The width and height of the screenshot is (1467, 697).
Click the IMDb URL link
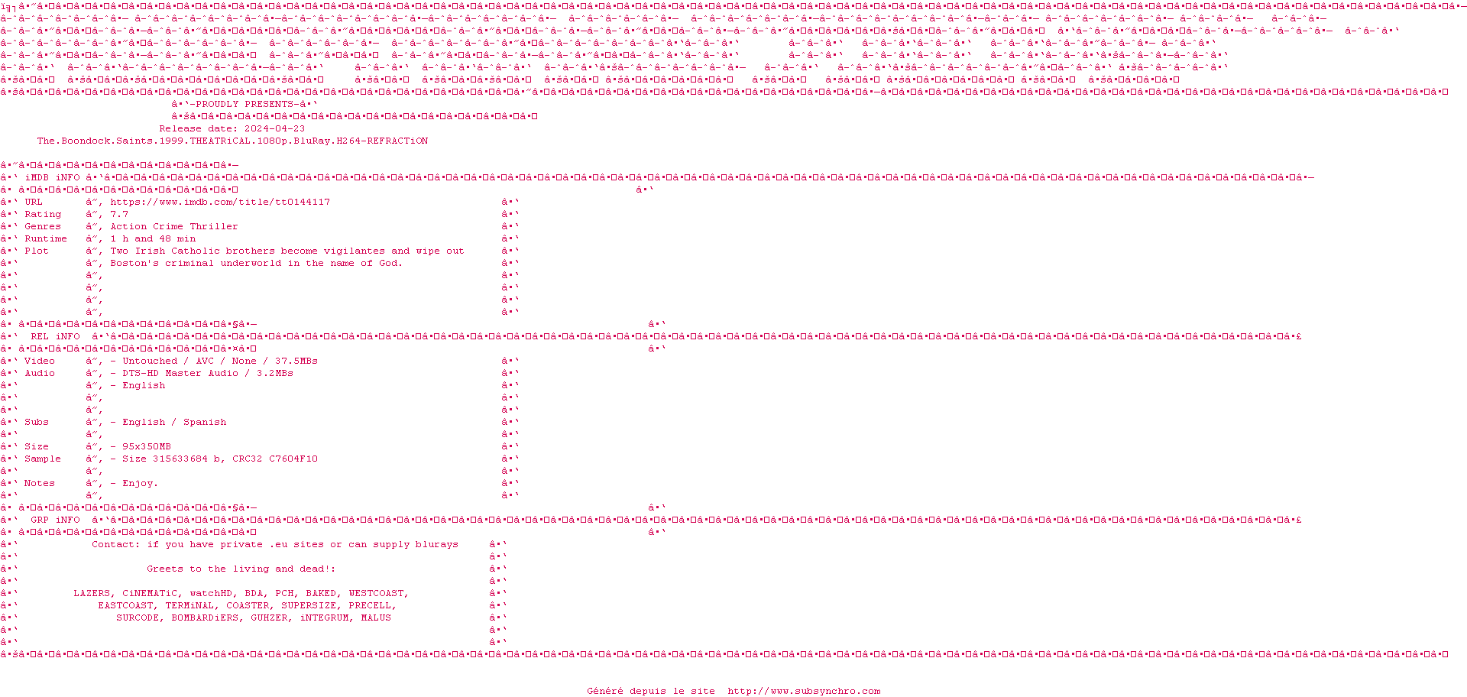(x=220, y=203)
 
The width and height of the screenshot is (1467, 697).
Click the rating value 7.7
(x=119, y=215)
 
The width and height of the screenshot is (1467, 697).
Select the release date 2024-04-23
(x=274, y=129)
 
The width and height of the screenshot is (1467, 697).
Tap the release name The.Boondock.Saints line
(x=232, y=141)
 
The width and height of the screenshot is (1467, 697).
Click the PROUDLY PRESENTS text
(x=244, y=105)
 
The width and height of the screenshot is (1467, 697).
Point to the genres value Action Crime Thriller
(x=174, y=227)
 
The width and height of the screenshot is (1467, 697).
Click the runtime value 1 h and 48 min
(x=153, y=239)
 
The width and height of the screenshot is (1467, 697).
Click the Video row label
(x=40, y=361)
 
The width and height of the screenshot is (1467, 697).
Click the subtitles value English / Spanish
(x=174, y=423)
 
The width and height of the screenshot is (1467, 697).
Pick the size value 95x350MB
(x=147, y=447)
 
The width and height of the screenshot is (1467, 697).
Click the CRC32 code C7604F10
(x=293, y=459)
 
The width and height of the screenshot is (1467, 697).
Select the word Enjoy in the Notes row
(x=138, y=484)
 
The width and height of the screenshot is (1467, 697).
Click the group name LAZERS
(x=92, y=594)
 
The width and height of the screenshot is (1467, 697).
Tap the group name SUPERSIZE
(x=309, y=606)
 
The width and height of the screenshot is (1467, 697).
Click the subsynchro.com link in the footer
(x=804, y=692)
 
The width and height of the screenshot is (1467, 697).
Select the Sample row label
(x=43, y=459)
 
